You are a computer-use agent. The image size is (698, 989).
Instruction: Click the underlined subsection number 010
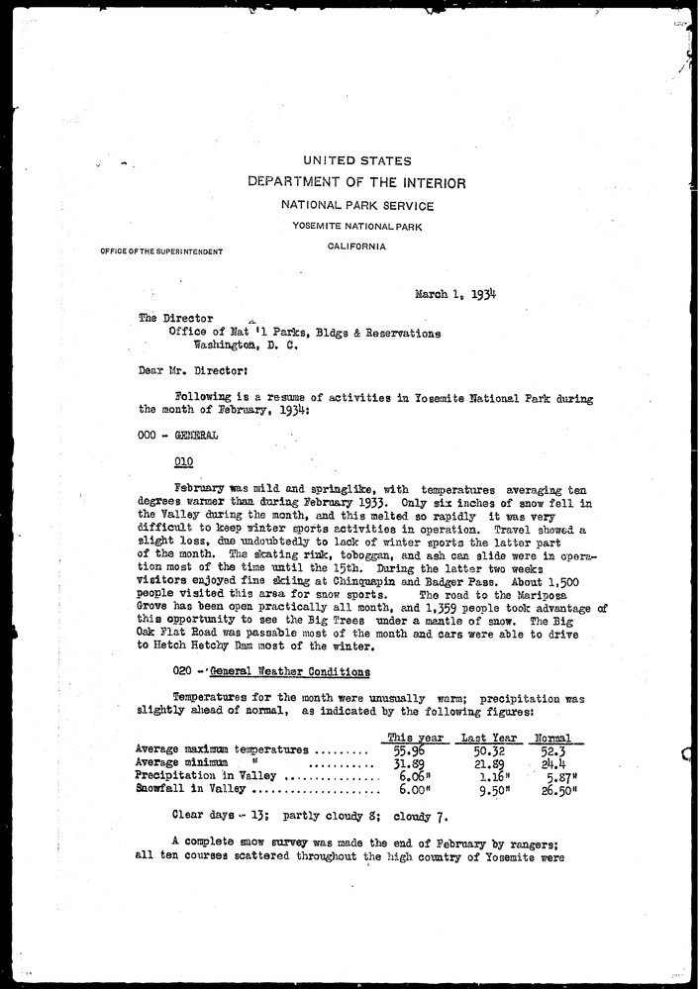click(183, 461)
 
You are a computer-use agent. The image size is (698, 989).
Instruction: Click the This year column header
click(413, 738)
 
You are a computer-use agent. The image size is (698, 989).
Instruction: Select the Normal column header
click(553, 738)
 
